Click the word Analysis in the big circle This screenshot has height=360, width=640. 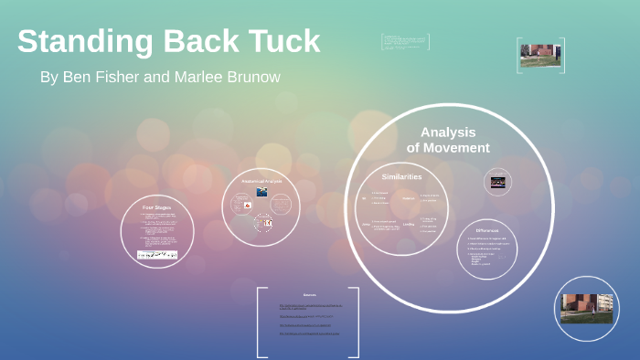coord(448,132)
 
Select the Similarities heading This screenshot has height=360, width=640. coord(401,175)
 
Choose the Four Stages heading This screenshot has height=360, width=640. coord(157,208)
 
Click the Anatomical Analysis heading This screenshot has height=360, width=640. coord(261,181)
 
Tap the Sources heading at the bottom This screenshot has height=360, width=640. coord(309,295)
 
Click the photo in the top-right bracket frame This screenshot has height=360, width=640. coord(540,55)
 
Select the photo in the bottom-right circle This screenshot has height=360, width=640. coord(586,308)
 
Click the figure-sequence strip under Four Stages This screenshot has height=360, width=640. coord(157,255)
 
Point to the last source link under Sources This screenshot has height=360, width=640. coord(308,333)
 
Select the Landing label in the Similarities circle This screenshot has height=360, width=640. coord(409,224)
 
